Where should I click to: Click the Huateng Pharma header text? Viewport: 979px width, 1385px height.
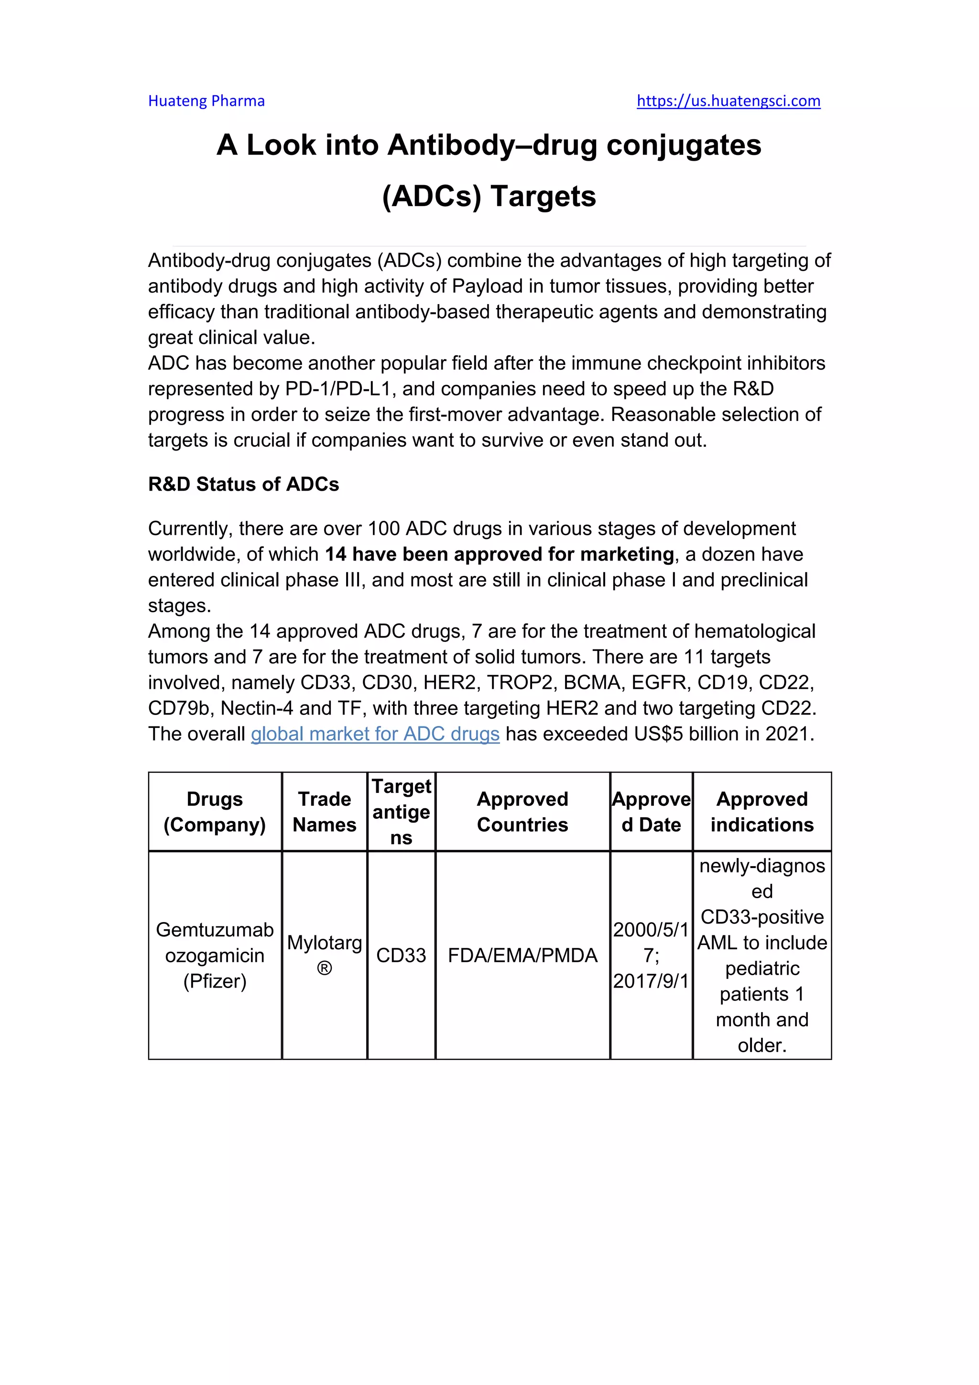coord(206,101)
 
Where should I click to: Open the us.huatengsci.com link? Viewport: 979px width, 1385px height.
coord(728,101)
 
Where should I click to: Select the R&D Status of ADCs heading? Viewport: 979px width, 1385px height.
coord(243,484)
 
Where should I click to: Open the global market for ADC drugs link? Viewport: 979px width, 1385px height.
coord(375,734)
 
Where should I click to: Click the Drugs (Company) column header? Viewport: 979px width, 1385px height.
coord(215,812)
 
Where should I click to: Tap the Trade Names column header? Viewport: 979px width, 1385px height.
coord(324,812)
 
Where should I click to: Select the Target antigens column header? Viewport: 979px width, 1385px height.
coord(401,812)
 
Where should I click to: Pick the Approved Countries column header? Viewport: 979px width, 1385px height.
coord(522,812)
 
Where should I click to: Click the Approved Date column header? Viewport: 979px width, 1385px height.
coord(651,812)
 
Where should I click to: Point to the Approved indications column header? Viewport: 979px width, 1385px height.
coord(762,812)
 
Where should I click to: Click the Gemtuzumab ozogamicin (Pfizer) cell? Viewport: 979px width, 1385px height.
coord(215,956)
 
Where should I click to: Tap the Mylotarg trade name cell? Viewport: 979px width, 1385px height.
coord(324,956)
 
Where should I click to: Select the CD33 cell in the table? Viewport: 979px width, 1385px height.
coord(401,956)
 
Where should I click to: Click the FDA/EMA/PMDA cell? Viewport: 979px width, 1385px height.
coord(522,956)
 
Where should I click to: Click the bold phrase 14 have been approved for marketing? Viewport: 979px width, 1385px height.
coord(499,554)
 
